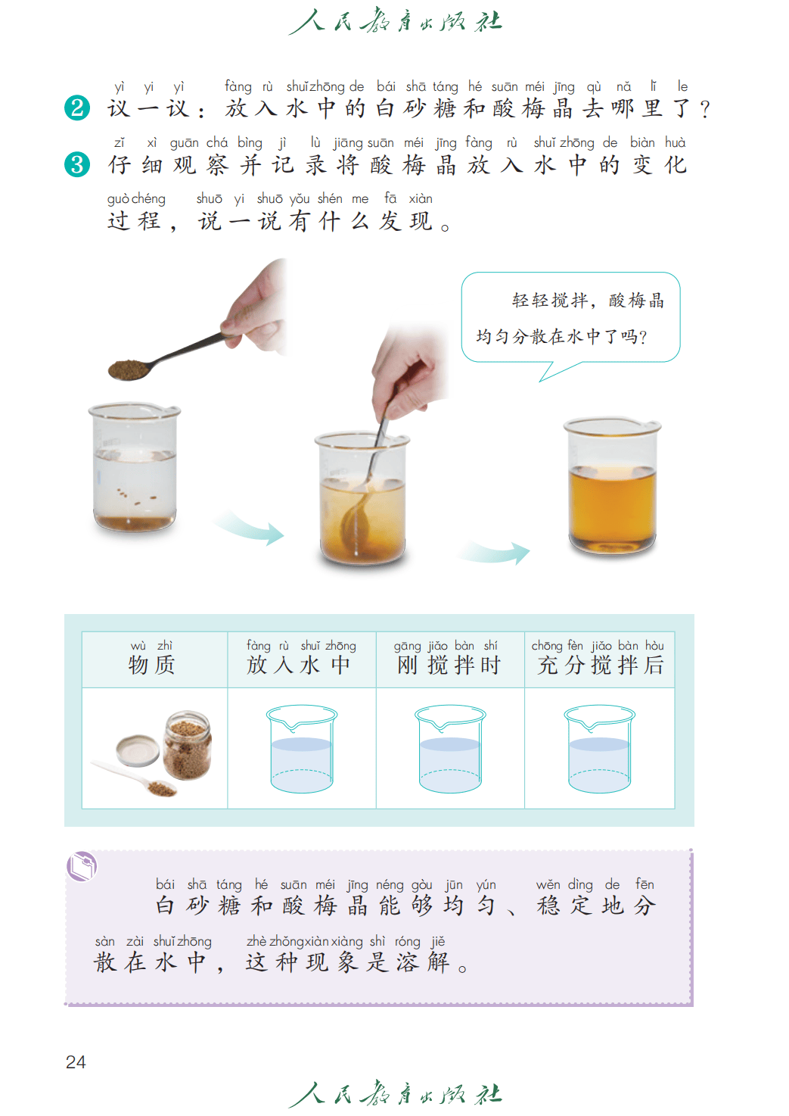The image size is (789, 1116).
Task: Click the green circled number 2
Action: [77, 108]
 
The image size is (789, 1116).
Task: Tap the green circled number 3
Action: [77, 164]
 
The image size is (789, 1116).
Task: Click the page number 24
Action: [76, 1061]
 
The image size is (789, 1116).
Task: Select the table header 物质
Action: [152, 665]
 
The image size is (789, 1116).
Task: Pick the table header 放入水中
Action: [299, 665]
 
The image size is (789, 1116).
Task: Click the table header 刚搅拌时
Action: [449, 665]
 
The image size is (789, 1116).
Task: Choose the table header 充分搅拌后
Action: [601, 665]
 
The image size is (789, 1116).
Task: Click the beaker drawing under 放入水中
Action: [302, 748]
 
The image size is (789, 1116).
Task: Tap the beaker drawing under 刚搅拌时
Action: [450, 748]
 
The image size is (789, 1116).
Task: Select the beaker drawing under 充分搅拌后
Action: [599, 748]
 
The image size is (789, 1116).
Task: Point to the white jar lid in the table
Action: [138, 750]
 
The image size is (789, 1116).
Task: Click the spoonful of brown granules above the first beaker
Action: [129, 369]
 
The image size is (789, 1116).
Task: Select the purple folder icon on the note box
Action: [82, 866]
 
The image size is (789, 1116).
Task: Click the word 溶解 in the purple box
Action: [423, 962]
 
